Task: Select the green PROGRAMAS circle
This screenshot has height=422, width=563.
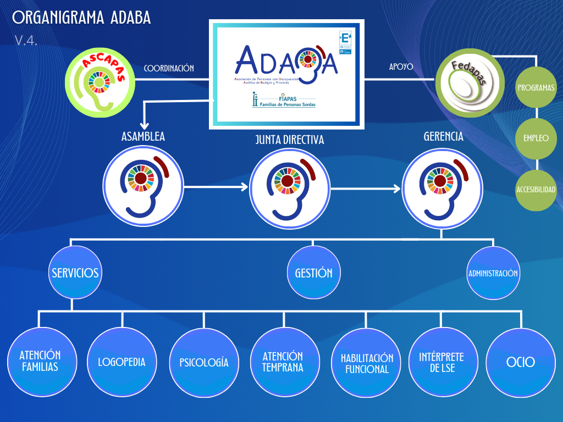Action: (x=536, y=87)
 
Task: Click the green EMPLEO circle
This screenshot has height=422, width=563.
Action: (x=536, y=138)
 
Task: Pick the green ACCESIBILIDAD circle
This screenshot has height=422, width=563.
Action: (x=536, y=190)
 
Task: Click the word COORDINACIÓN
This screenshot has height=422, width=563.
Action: (x=169, y=69)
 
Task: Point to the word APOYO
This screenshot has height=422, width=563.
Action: (x=401, y=68)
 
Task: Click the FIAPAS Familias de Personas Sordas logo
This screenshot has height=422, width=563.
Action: (x=284, y=100)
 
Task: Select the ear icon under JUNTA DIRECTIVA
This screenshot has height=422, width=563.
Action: (x=290, y=186)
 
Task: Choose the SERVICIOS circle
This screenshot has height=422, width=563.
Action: (x=75, y=273)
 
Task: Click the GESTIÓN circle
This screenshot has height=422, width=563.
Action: (x=313, y=273)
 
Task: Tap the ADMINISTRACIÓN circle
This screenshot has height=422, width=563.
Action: (x=493, y=273)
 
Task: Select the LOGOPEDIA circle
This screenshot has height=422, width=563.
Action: (x=122, y=362)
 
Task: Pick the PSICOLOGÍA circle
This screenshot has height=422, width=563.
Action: (x=204, y=363)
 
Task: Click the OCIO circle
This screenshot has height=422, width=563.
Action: (x=520, y=362)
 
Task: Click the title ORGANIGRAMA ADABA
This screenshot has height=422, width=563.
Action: (x=81, y=18)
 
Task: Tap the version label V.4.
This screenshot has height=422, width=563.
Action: (x=26, y=40)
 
